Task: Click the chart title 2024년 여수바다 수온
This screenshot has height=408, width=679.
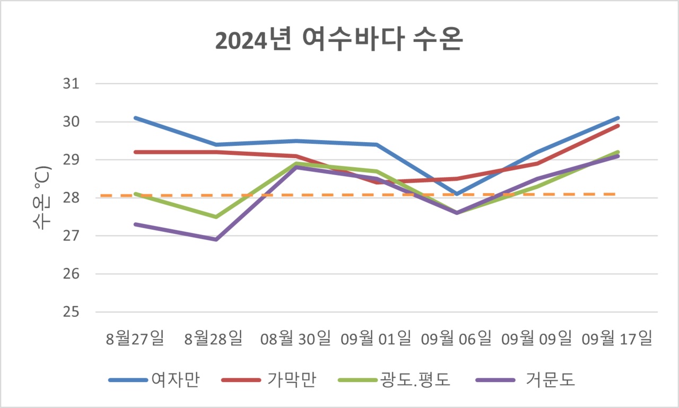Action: [339, 41]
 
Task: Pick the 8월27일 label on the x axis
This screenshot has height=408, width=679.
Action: [136, 338]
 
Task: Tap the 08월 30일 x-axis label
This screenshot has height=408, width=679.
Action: [296, 338]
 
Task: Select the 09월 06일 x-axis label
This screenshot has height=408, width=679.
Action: [456, 338]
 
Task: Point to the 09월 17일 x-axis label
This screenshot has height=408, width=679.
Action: [616, 338]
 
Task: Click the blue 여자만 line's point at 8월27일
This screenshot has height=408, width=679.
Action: [136, 118]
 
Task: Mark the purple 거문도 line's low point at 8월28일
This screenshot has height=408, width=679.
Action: [216, 239]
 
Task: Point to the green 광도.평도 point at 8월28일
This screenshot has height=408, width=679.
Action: [216, 216]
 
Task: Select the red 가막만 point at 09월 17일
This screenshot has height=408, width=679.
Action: [617, 126]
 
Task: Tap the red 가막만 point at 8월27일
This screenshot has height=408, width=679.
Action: [136, 152]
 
